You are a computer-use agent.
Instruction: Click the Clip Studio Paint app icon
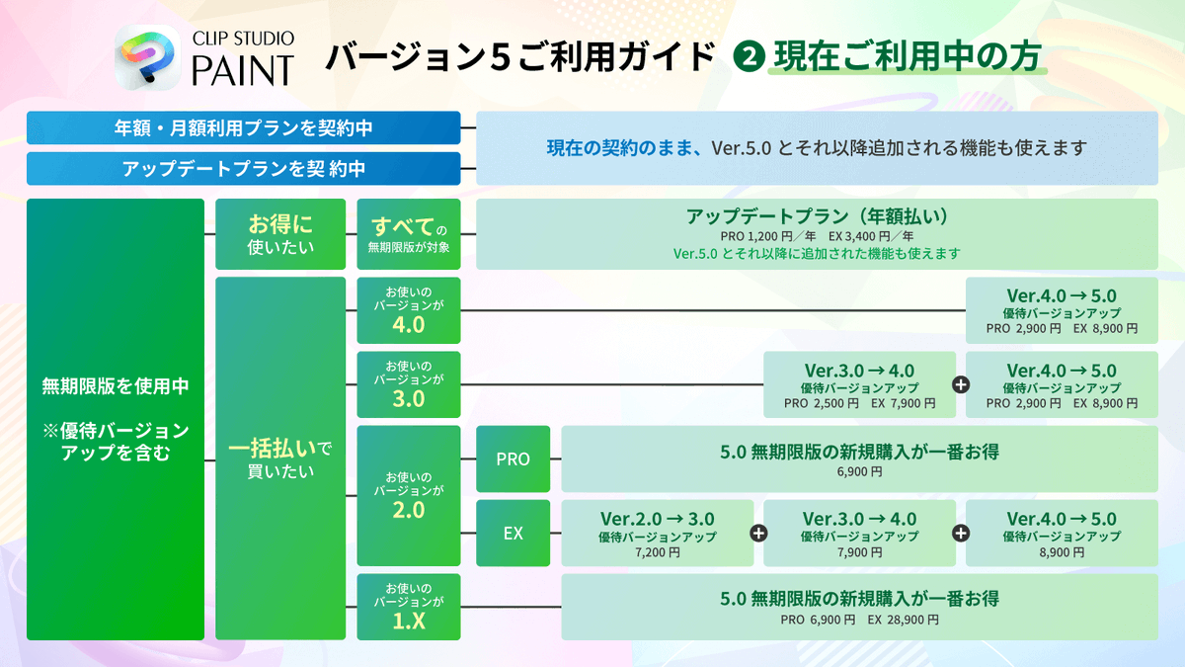pos(145,58)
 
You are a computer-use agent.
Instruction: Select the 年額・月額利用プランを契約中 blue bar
pos(244,127)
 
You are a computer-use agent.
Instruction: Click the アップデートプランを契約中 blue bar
pos(244,168)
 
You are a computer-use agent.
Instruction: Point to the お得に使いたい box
pos(280,234)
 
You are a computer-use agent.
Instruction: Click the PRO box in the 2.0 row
pos(513,459)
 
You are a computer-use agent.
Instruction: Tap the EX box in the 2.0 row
pos(513,533)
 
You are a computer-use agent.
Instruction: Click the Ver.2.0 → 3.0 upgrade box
pos(657,533)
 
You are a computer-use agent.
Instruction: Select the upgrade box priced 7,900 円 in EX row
pos(859,533)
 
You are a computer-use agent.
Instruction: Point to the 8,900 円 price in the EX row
pos(1062,553)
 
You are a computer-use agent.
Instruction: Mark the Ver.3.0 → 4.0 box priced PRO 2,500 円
pos(859,384)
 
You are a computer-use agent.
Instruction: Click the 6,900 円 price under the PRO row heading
pos(858,472)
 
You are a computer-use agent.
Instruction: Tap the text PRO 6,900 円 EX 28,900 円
pos(858,620)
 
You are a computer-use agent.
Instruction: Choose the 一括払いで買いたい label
pos(280,459)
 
